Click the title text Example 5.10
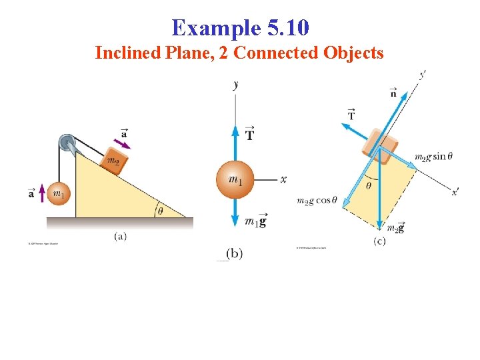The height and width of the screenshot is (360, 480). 240,28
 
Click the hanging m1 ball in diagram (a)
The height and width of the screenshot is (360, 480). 59,194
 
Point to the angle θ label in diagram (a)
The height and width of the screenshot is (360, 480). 161,211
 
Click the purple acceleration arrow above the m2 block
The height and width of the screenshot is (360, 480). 123,143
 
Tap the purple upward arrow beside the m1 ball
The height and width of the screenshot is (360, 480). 42,194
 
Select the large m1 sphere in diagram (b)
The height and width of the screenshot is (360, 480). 235,179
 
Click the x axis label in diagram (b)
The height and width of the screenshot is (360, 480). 283,179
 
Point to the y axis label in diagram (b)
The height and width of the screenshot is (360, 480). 236,85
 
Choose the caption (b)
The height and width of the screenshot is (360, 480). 234,253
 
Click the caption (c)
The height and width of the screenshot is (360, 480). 379,241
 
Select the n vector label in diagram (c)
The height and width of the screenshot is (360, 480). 393,93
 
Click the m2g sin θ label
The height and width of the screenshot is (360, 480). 433,157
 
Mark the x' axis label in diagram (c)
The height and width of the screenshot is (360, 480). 455,192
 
